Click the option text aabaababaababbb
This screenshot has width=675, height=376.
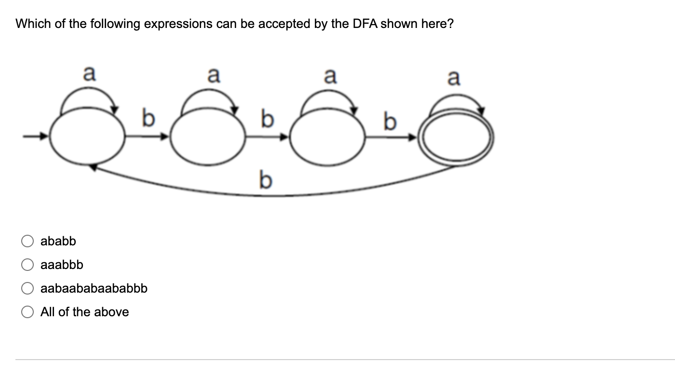[x=94, y=288]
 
